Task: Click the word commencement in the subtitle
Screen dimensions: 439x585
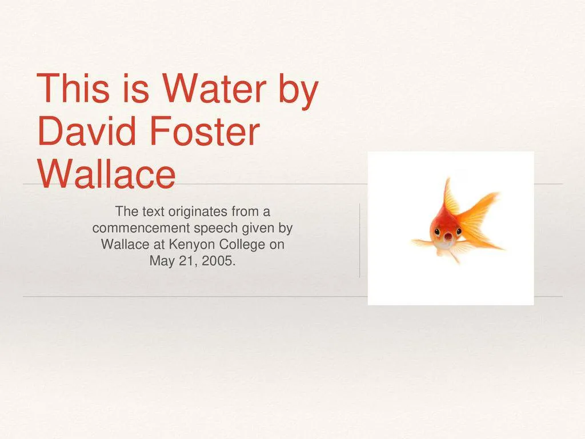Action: (x=133, y=229)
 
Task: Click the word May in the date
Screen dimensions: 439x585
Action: (x=160, y=262)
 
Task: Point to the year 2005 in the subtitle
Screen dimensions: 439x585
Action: (x=220, y=262)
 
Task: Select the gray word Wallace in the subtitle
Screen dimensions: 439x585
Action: (x=123, y=245)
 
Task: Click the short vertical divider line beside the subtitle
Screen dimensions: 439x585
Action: (x=360, y=240)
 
